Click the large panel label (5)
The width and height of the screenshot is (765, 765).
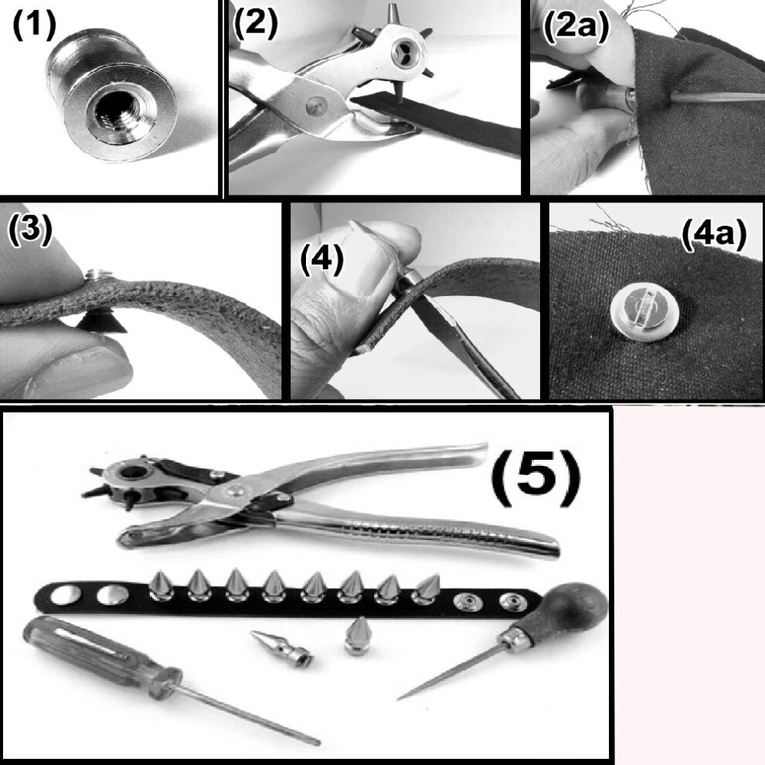pos(535,477)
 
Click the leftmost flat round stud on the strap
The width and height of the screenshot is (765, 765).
pos(66,595)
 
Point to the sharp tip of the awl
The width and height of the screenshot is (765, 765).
pos(398,699)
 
